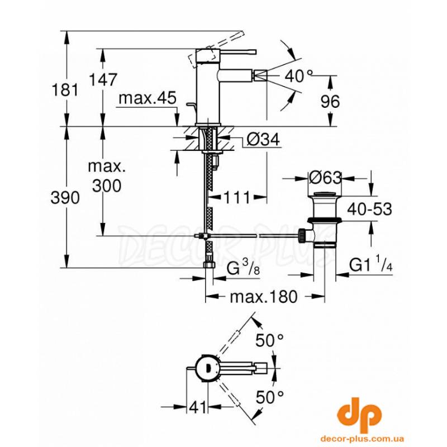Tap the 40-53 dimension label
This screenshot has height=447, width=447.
pos(369,209)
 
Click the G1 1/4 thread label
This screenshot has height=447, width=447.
pos(372,265)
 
